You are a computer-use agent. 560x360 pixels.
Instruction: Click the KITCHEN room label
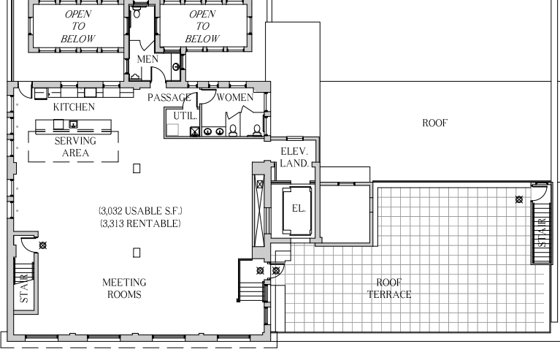tap(74, 107)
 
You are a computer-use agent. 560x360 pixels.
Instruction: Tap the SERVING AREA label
tap(75, 147)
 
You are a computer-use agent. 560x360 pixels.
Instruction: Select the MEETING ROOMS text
tap(124, 288)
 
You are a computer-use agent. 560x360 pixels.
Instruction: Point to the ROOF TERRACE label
tap(389, 288)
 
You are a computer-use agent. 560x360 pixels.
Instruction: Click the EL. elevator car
tap(297, 210)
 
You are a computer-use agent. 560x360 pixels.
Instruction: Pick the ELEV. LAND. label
tap(294, 157)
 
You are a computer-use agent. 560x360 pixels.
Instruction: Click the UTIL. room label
tap(185, 115)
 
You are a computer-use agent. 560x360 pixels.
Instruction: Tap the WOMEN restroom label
tap(235, 97)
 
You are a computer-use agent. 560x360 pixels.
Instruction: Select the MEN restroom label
tap(147, 59)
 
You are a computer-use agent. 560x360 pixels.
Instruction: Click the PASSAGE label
tap(169, 97)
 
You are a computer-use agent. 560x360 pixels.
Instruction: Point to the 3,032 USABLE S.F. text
tap(140, 211)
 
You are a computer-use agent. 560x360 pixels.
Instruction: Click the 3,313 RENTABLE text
tap(140, 223)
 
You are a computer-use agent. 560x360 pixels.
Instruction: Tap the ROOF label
tap(434, 123)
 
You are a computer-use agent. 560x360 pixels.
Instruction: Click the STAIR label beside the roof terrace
tap(542, 232)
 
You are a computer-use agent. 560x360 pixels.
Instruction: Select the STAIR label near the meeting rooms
tap(23, 288)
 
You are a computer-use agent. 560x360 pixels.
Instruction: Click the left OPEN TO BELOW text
tap(78, 26)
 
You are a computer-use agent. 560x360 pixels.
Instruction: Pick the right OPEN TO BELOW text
tap(202, 26)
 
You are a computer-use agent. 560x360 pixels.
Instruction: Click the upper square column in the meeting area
tap(137, 168)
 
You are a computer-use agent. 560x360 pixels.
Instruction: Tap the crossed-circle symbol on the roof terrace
tap(519, 199)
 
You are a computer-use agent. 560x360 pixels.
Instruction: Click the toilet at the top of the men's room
tap(137, 12)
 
